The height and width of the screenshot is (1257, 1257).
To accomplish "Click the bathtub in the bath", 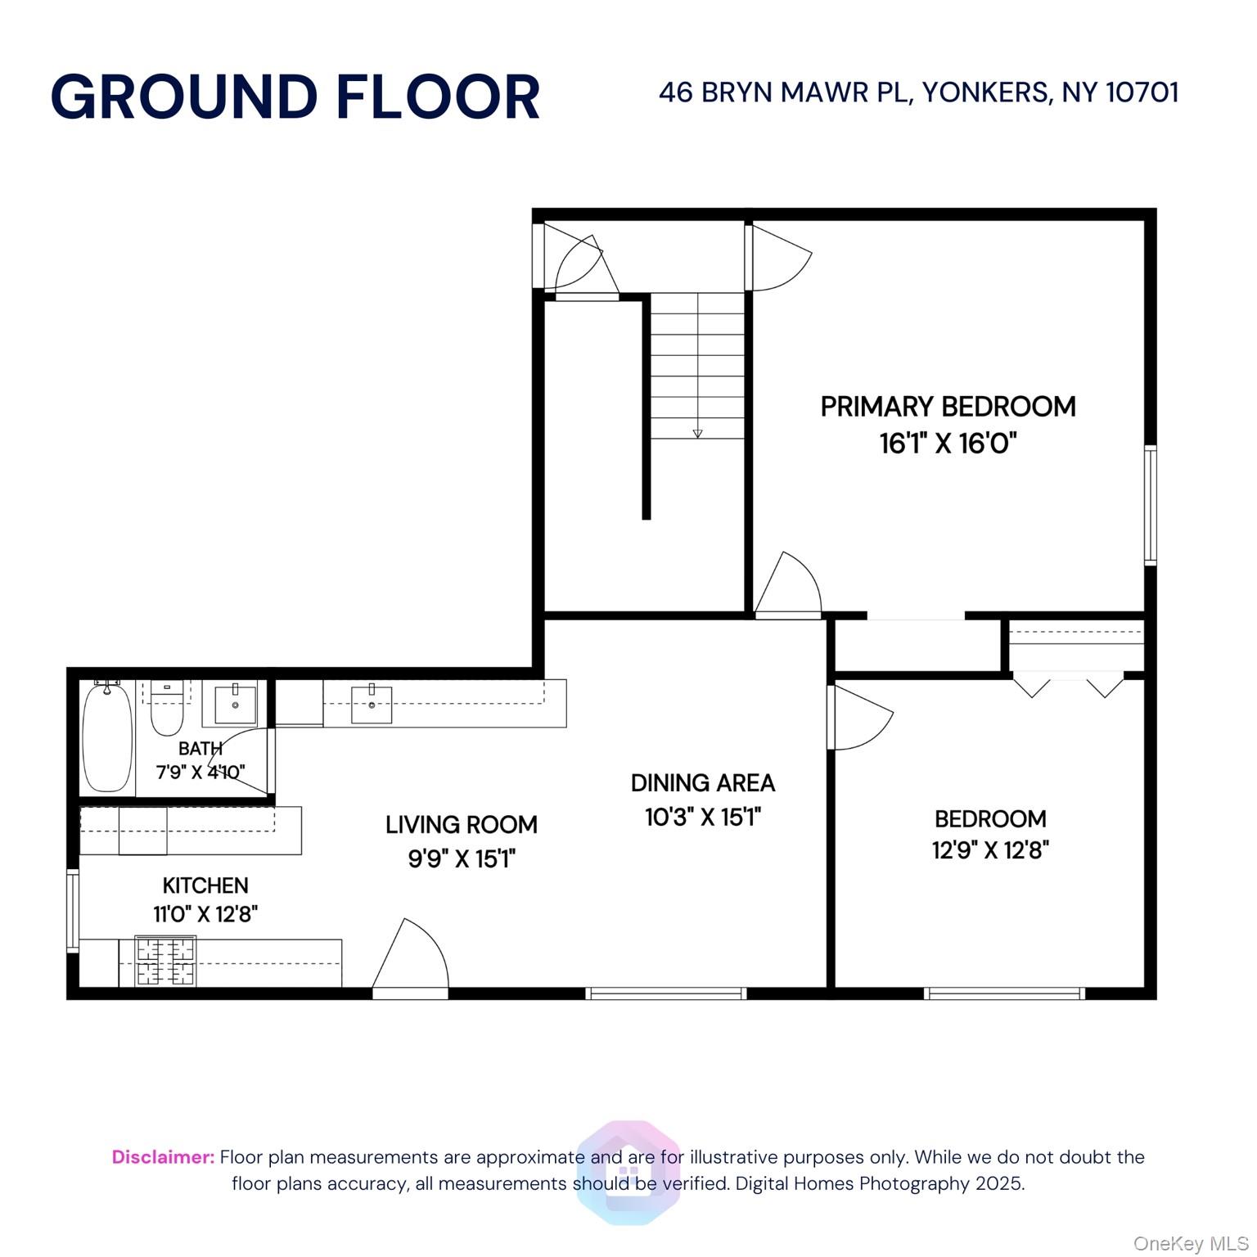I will coord(107,737).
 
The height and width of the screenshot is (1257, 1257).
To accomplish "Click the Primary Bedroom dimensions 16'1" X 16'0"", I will coord(948,444).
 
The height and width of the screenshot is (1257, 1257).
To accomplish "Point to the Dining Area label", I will coord(702,783).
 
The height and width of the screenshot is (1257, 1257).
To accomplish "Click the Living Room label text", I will coord(462,825).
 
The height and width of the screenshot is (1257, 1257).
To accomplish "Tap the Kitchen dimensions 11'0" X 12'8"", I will coord(205,914).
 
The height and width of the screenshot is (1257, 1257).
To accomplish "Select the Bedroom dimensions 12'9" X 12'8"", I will coord(990,850).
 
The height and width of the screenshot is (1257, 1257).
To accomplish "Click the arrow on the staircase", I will coord(697,433).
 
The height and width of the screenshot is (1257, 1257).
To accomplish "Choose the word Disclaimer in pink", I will coord(163,1157).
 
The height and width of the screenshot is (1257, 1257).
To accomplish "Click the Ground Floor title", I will coord(295,97).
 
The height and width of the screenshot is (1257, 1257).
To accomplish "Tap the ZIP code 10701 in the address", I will coord(1142,92).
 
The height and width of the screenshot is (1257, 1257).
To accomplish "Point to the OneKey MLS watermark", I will coord(1191,1244).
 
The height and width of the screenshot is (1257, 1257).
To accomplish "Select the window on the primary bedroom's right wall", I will coord(1150,505).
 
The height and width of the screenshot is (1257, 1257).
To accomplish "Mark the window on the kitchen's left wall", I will coord(73,911).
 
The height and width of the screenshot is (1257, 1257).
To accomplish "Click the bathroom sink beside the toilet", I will coord(236,705).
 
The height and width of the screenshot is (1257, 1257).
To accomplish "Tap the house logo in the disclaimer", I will coord(628,1173).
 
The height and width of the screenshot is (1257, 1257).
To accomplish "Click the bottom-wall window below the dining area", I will coord(666,993).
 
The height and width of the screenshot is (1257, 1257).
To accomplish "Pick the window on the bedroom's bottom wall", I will coord(1004,993).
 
